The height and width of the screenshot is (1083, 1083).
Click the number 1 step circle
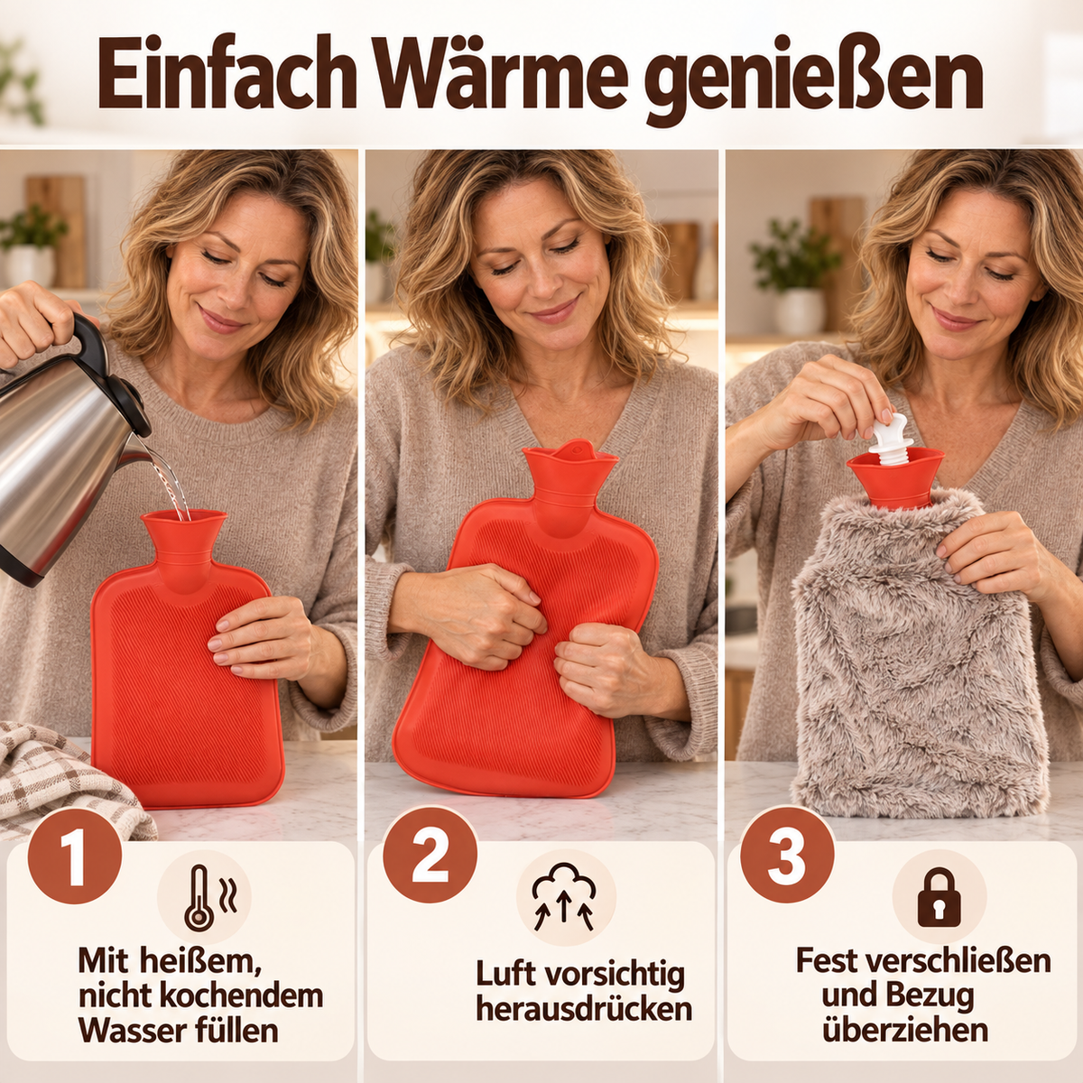[75, 856]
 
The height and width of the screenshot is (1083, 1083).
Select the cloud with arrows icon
[564, 896]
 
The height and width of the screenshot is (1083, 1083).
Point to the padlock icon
[939, 897]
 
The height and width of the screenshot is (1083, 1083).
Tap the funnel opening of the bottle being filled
[184, 518]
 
